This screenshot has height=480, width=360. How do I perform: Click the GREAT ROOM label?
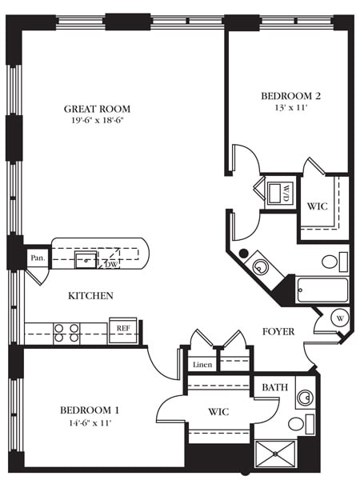click(98, 109)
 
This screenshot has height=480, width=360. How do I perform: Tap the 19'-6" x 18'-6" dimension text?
click(98, 121)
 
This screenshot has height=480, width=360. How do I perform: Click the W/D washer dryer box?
click(280, 193)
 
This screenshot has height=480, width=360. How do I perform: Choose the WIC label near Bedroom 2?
click(317, 206)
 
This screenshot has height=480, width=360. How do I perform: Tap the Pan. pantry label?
click(36, 258)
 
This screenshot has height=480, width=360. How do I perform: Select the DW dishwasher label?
click(112, 263)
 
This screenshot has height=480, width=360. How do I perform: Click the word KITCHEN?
click(90, 296)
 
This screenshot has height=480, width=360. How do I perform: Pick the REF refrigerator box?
click(123, 328)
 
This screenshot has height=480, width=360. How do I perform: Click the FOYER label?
click(278, 331)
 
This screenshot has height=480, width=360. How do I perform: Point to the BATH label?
click(275, 388)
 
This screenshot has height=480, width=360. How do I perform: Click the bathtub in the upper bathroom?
click(322, 290)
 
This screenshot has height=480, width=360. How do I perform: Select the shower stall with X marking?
click(275, 453)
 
